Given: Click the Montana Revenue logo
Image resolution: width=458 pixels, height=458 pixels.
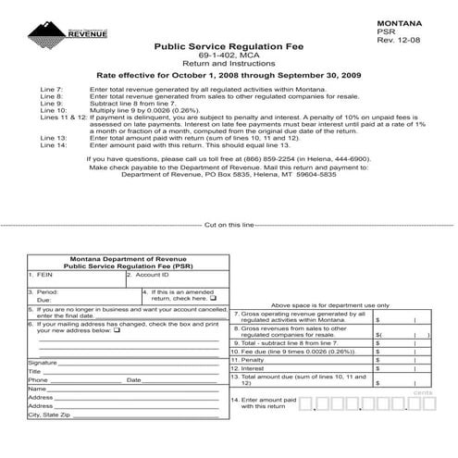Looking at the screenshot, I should (68, 33).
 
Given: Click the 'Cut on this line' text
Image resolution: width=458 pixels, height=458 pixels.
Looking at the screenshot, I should (229, 225).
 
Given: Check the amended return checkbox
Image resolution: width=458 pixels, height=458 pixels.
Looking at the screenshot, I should (213, 299).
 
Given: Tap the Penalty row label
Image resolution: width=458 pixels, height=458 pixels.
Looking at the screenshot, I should (248, 360).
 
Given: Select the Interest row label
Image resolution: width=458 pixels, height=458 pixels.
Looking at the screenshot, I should (248, 368).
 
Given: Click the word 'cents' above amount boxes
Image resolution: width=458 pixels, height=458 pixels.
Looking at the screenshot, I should (424, 392).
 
